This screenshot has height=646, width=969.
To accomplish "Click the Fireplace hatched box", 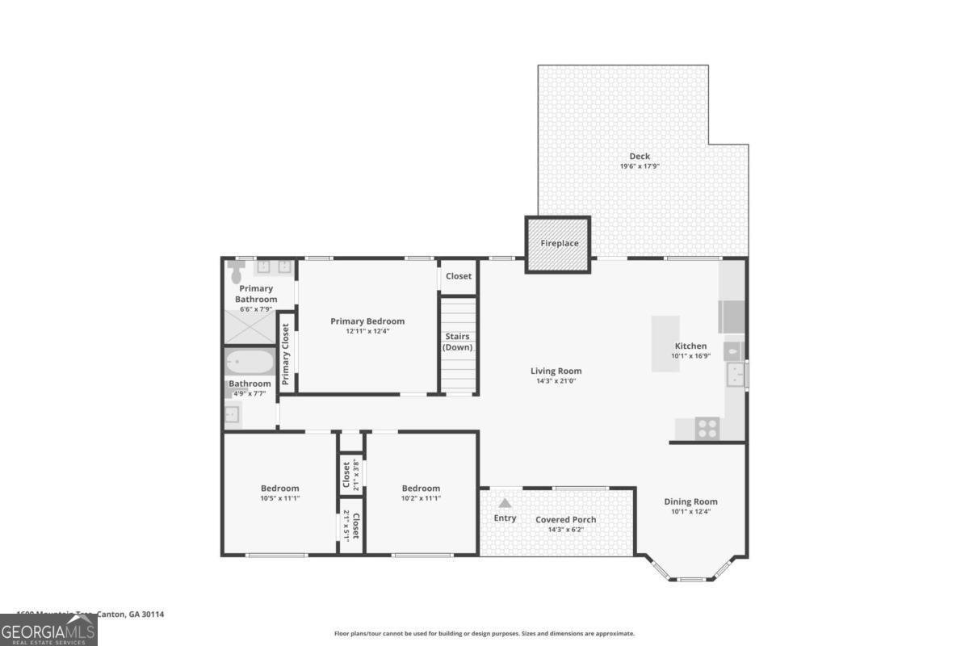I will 559,244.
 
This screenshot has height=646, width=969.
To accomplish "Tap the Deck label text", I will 640,157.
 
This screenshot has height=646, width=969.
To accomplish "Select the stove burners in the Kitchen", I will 707,428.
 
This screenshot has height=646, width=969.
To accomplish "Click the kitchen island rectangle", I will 666,343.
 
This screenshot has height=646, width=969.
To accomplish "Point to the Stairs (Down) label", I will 458,342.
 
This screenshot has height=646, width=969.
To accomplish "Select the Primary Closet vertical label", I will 286,354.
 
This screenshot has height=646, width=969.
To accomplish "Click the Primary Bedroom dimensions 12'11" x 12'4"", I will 367,331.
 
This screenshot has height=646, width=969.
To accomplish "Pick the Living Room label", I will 556,371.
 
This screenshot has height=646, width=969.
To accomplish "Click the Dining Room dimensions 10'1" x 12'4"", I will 690,511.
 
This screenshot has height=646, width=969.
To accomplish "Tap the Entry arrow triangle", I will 505,502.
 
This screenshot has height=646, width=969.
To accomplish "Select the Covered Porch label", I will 565,520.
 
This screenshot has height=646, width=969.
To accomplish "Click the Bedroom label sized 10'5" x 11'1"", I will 279,488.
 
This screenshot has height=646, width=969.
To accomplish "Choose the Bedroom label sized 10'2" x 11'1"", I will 421,488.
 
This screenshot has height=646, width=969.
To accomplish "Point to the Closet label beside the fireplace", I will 458,276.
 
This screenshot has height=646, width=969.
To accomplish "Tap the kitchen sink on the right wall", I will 736,375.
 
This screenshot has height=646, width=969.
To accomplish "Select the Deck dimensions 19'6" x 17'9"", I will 640,166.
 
